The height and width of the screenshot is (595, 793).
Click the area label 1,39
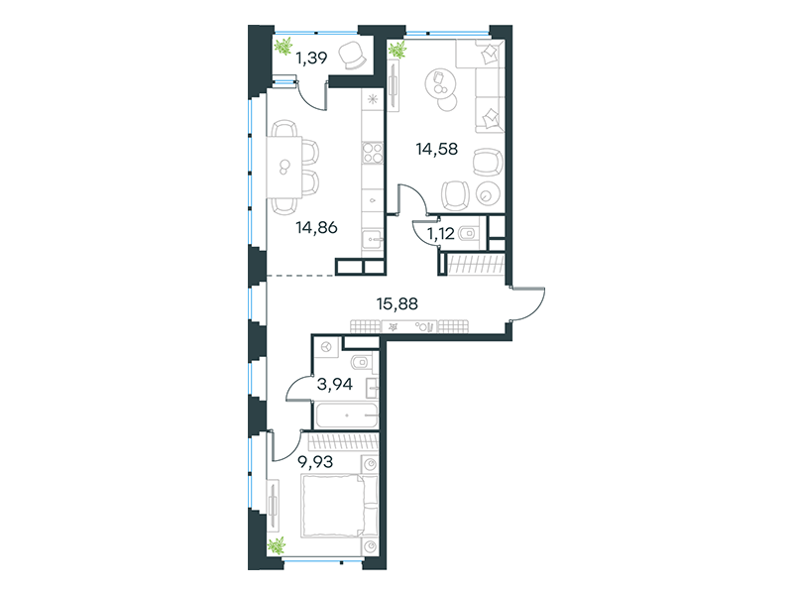[311, 59]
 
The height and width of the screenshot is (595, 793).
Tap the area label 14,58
[436, 149]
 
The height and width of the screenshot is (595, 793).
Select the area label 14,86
[316, 228]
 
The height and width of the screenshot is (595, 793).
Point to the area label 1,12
[440, 234]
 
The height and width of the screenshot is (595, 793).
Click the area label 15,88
[397, 303]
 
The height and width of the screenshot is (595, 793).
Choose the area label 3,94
[334, 385]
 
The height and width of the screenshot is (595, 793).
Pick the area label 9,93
[315, 462]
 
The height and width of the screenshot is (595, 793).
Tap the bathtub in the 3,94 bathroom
[346, 416]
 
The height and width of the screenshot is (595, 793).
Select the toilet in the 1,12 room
[469, 233]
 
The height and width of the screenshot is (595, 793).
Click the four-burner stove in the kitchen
[373, 153]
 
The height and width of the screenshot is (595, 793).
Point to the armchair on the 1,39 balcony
[352, 56]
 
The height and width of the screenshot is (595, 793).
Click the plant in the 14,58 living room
[397, 50]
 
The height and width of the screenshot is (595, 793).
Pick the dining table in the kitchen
[284, 167]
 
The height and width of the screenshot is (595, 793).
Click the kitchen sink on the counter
[373, 238]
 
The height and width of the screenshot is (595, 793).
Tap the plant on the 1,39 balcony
[283, 46]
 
